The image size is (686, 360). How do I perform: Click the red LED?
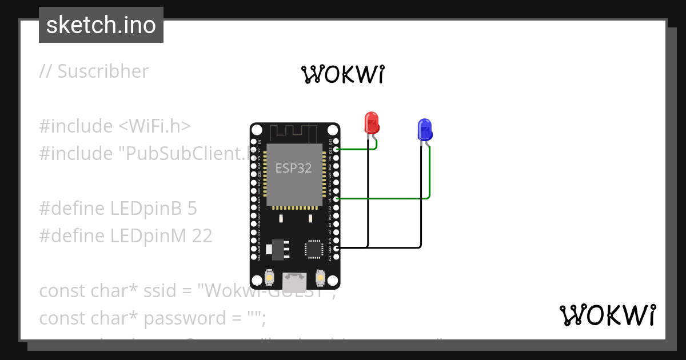click(372, 123)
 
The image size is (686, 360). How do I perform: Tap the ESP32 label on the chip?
click(294, 168)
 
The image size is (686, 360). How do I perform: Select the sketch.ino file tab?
click(101, 25)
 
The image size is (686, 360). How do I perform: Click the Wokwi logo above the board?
click(344, 74)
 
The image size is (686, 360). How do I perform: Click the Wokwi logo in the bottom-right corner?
click(607, 315)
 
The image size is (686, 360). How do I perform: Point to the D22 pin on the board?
click(337, 150)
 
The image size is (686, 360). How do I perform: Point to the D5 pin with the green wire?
click(337, 198)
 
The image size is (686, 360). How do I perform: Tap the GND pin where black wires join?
click(337, 247)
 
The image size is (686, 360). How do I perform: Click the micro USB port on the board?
click(294, 281)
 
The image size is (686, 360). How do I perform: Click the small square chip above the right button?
click(314, 249)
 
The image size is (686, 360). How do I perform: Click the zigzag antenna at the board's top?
click(295, 133)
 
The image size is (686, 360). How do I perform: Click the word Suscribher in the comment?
click(103, 71)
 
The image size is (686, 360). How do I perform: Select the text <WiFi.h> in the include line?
click(154, 126)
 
